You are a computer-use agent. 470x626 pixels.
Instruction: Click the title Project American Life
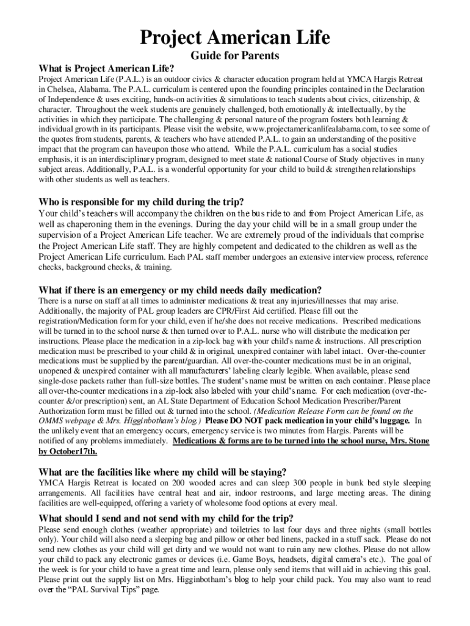235,38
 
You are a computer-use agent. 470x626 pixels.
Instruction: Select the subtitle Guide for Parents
235,56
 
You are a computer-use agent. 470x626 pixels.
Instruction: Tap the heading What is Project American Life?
107,68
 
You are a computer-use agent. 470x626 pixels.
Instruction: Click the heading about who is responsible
142,202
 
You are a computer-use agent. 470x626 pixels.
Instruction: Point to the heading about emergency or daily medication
180,289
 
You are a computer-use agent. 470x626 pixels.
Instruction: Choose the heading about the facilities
162,471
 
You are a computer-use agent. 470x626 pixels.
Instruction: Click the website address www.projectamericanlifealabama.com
311,130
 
